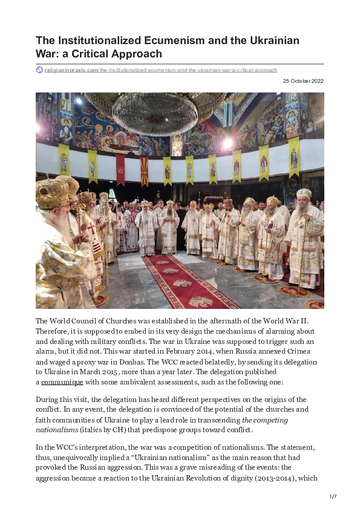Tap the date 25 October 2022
(303, 80)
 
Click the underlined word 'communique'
(62, 382)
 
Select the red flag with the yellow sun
(144, 171)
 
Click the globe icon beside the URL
(39, 70)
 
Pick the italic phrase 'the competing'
(265, 420)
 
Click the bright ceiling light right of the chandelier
(228, 143)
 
